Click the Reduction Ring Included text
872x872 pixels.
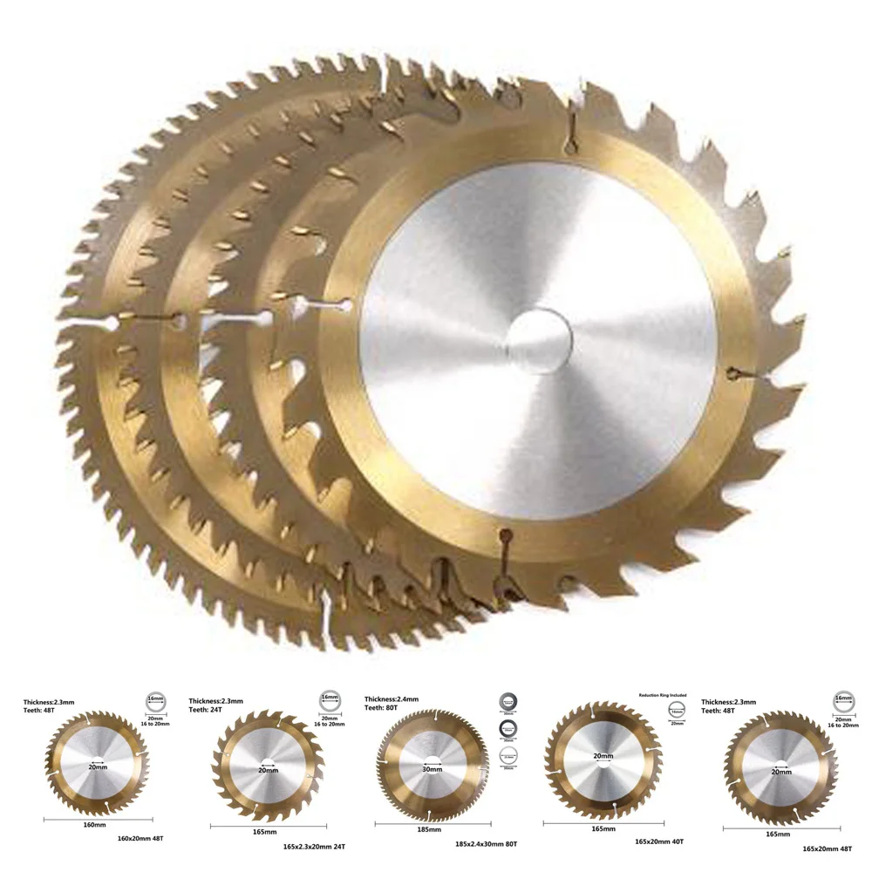[x=658, y=695]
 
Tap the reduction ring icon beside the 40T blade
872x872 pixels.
[x=678, y=713]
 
